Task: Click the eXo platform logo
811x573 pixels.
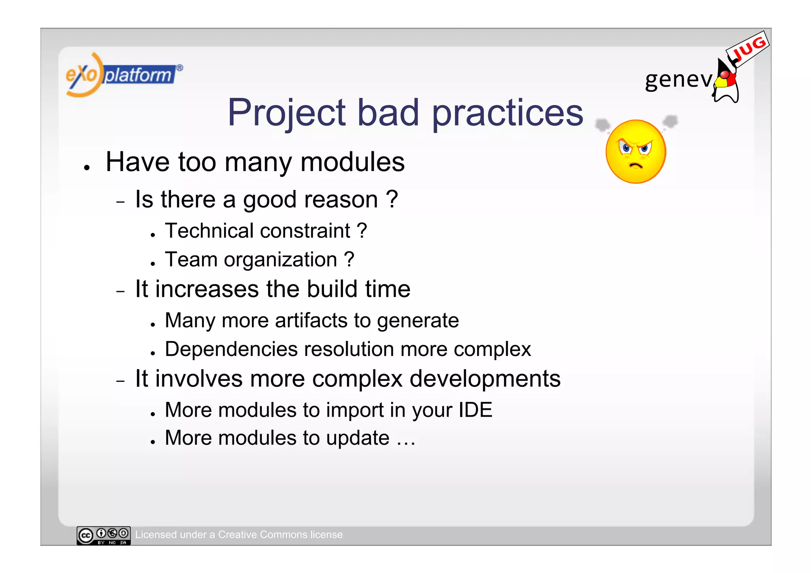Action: point(123,74)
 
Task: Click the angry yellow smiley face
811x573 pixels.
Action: point(636,152)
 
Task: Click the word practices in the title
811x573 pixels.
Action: point(507,113)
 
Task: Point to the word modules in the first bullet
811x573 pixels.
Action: point(352,162)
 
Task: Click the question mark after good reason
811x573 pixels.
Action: point(391,199)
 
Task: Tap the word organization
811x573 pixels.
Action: point(280,260)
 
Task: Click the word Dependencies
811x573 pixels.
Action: point(231,349)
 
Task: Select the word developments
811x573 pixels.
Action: point(485,379)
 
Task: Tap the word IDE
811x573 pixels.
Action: point(475,410)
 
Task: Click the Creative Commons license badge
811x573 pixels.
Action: point(104,535)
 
